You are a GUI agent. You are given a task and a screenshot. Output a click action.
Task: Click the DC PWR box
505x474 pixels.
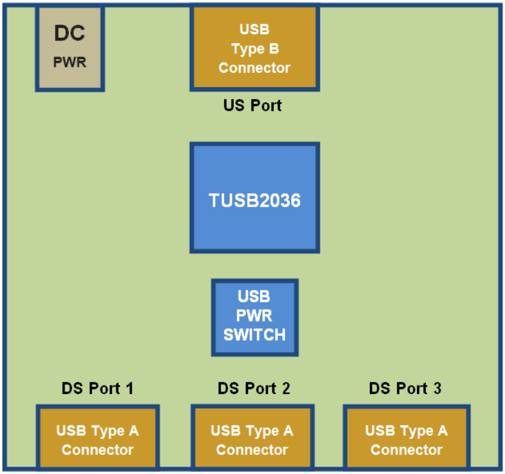70,48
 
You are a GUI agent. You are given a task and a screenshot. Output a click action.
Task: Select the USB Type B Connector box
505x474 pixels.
255,48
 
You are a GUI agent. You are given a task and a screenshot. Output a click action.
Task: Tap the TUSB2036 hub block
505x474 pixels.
255,198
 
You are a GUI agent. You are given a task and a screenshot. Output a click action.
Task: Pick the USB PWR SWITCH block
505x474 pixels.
255,317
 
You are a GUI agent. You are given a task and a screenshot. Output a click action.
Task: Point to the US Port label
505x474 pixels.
252,106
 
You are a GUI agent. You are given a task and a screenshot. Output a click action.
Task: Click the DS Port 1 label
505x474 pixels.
97,389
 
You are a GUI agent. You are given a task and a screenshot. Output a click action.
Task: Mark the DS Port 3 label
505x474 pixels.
405,389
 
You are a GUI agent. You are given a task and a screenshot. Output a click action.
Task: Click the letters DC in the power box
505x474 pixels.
70,34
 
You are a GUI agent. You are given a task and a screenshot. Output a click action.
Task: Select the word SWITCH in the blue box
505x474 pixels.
255,335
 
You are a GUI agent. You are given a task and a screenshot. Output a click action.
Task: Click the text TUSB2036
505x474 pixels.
255,200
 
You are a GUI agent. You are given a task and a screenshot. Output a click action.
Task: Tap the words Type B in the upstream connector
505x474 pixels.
255,49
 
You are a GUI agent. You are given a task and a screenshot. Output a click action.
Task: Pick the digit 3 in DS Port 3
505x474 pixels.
437,389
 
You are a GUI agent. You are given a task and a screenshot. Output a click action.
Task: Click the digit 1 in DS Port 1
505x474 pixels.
129,389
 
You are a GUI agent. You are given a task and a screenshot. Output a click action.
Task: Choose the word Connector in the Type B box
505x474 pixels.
255,68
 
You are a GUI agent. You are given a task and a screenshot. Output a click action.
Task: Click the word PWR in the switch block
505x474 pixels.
255,316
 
